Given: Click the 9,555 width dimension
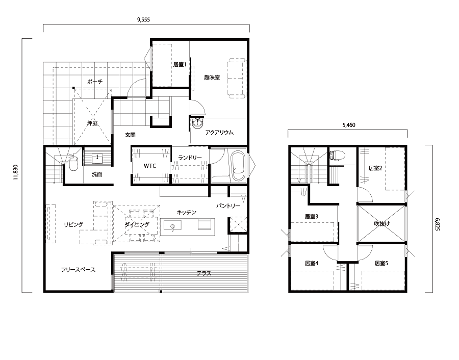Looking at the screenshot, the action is click(143, 20).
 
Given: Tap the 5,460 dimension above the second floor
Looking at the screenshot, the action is click(349, 125).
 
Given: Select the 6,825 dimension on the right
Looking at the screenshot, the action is click(438, 224).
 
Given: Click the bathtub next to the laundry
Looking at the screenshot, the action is click(238, 166).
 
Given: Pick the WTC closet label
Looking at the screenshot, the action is click(150, 166).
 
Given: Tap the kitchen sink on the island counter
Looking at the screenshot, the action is click(172, 226).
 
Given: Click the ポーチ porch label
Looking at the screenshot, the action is click(95, 82).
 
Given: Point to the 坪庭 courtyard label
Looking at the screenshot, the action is click(92, 123).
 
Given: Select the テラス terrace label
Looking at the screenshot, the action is click(203, 274).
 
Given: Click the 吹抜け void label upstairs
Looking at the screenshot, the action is click(381, 224).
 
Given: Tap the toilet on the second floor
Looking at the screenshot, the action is click(334, 155).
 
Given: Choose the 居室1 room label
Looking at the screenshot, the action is click(180, 64).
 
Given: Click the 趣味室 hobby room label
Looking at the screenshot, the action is click(212, 78).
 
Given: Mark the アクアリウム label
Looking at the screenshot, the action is click(219, 132).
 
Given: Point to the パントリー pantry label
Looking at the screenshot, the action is click(228, 206).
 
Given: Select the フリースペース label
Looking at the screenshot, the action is click(78, 270).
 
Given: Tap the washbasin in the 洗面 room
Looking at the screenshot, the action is click(97, 159).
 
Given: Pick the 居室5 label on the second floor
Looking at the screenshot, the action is click(381, 264).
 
